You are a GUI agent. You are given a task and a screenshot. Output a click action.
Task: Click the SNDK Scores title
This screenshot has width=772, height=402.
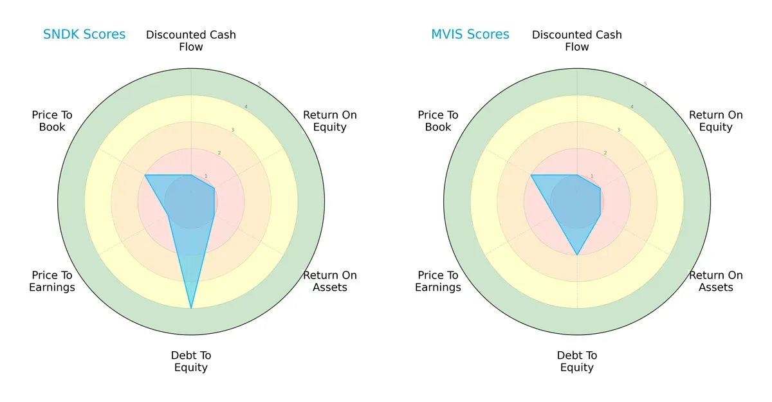[x=84, y=35]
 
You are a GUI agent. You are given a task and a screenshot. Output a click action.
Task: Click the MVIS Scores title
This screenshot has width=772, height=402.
[x=470, y=35]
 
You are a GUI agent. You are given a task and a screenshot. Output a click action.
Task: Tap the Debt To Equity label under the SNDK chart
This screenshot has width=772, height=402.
[x=191, y=361]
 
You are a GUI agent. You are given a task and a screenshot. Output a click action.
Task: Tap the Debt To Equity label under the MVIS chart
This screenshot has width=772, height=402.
[x=577, y=361]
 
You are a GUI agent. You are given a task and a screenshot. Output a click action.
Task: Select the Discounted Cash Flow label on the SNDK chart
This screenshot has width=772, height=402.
[x=191, y=41]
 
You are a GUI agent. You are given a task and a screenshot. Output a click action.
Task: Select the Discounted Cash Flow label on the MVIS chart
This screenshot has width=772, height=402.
[x=577, y=41]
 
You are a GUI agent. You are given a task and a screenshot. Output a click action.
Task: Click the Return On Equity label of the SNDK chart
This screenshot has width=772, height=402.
[x=330, y=121]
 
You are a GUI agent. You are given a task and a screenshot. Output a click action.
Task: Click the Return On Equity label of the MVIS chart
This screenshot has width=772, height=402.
[x=716, y=121]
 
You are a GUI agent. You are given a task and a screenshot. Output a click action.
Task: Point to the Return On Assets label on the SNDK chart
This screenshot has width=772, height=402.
[x=330, y=281]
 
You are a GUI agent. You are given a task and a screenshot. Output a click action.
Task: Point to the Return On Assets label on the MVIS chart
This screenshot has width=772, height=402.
[x=716, y=281]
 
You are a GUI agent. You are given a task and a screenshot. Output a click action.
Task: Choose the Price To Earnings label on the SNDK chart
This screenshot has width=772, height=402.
[x=52, y=281]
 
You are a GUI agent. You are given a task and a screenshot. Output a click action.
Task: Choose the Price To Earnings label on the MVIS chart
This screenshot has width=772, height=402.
[x=438, y=281]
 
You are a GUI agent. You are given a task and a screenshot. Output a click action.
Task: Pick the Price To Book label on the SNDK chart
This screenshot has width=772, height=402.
[x=52, y=121]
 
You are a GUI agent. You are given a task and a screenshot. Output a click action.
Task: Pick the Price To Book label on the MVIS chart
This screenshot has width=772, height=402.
[x=438, y=121]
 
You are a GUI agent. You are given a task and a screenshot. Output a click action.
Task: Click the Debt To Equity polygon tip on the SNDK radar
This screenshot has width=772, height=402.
[x=191, y=308]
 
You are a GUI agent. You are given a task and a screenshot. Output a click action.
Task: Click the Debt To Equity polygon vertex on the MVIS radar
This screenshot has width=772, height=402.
[x=577, y=255]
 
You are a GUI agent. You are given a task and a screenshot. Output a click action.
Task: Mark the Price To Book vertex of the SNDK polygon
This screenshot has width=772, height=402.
[x=145, y=175]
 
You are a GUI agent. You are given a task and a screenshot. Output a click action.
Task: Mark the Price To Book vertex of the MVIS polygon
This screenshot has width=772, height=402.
[x=531, y=175]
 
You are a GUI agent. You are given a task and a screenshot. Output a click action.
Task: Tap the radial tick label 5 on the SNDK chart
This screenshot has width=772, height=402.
[x=259, y=84]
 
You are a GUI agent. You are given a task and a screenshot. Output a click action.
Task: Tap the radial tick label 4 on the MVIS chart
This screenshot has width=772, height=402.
[x=632, y=107]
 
